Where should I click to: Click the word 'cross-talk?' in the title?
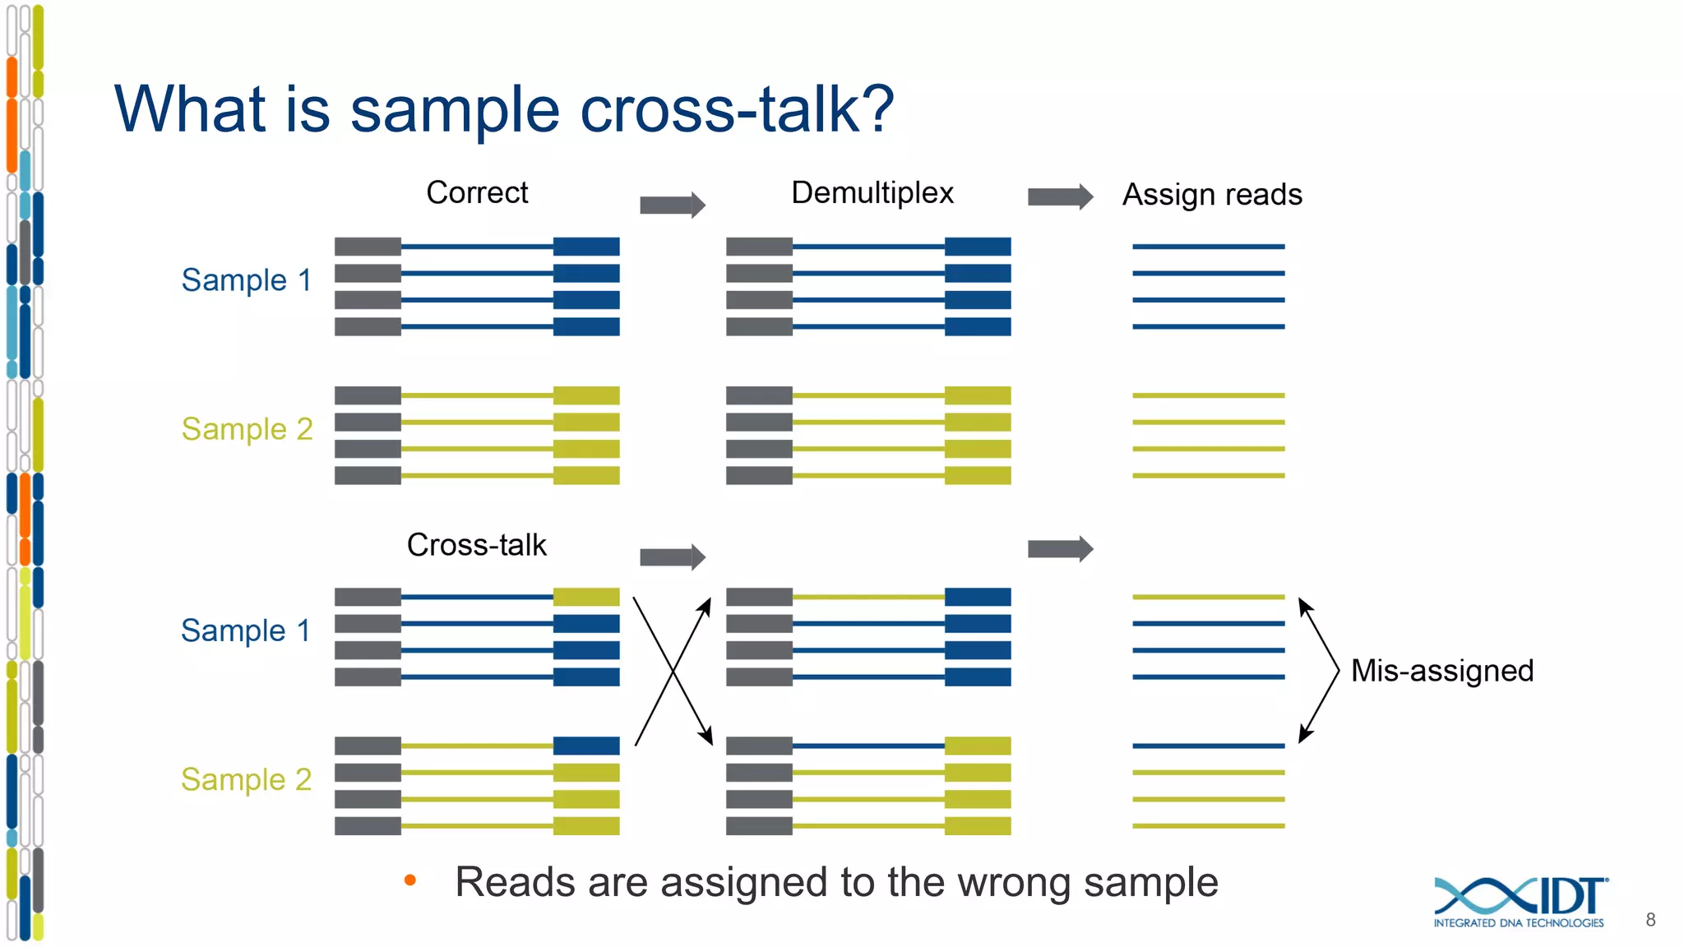pos(736,109)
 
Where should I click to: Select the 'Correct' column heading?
pos(477,192)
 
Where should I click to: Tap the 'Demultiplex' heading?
pos(872,192)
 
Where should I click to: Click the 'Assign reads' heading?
pos(1212,195)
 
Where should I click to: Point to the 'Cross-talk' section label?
pos(476,544)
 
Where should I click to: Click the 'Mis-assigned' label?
pos(1441,671)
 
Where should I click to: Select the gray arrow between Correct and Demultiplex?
pos(673,205)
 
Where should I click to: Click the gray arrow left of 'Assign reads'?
pos(1060,196)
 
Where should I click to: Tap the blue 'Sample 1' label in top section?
pos(246,280)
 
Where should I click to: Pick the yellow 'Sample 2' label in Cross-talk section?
pos(246,779)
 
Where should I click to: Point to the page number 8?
pos(1650,920)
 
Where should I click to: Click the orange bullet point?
pos(410,881)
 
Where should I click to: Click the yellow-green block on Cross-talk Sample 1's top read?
pos(585,597)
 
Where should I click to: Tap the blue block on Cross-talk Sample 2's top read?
pos(585,746)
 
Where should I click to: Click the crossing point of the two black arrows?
pos(673,672)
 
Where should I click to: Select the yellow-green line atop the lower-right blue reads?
pos(1208,597)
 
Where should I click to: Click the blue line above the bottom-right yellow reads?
pos(1208,746)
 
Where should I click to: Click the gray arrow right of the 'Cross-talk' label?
pos(673,557)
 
